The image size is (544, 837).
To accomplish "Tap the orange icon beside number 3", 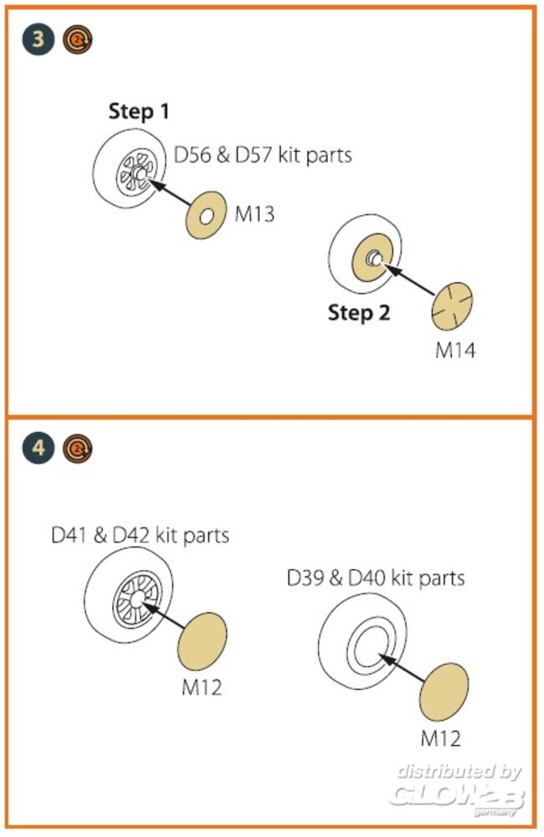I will (78, 39).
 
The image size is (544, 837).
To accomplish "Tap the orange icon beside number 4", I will (78, 449).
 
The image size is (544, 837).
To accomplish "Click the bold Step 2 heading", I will (359, 313).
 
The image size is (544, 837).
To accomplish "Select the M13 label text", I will (254, 215).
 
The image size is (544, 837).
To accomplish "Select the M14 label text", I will (455, 350).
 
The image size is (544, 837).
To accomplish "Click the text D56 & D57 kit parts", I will (263, 155).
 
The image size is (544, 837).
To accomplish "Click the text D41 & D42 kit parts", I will (140, 534).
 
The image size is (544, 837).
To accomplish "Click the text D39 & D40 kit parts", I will (376, 578).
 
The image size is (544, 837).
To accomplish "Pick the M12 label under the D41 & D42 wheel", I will (202, 688).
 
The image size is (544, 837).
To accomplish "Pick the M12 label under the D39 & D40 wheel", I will (440, 737).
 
